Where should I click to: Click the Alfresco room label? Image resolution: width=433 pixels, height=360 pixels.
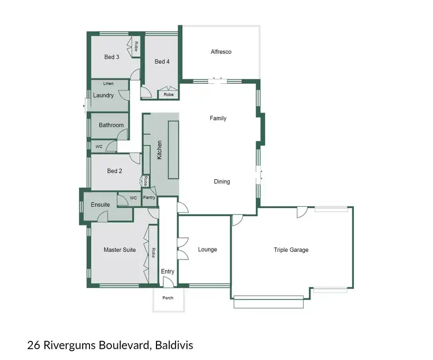click(221, 52)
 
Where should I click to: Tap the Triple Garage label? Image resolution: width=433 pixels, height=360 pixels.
click(291, 250)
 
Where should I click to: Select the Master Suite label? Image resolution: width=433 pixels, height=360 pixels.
click(120, 250)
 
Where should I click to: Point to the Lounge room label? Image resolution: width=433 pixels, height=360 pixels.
click(207, 250)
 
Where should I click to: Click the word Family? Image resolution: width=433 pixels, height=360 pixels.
click(218, 118)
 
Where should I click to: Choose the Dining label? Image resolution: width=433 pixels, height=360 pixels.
click(222, 181)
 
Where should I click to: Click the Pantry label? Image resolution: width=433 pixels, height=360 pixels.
click(150, 198)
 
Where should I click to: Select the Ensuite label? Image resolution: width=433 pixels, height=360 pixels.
click(100, 205)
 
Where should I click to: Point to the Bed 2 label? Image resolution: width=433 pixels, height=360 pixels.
click(114, 171)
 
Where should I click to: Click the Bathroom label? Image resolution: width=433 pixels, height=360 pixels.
click(111, 125)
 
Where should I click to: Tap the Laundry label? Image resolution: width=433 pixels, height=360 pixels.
click(103, 95)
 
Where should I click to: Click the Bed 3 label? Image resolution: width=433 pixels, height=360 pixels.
click(111, 57)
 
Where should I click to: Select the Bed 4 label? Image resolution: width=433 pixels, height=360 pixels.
click(162, 62)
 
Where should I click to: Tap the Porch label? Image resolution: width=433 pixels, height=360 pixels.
click(167, 298)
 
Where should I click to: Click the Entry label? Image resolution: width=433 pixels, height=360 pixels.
click(167, 272)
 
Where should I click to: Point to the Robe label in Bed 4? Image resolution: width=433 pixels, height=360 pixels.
click(169, 94)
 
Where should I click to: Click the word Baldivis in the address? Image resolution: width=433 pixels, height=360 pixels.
click(174, 346)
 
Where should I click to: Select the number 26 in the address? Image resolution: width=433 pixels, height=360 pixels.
click(33, 346)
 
